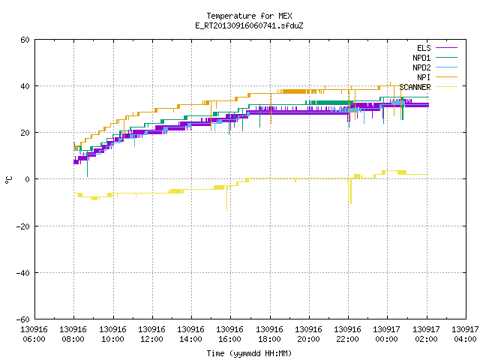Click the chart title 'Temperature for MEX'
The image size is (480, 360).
click(x=249, y=16)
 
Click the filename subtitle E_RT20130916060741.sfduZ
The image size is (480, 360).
click(x=249, y=25)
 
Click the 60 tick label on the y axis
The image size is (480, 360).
click(x=25, y=40)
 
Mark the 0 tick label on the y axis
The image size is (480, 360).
click(x=27, y=179)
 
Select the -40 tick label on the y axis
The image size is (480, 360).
click(x=23, y=273)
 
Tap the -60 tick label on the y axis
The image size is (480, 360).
click(x=23, y=319)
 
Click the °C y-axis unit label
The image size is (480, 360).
click(x=8, y=180)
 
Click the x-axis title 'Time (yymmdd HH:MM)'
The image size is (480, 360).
click(x=249, y=353)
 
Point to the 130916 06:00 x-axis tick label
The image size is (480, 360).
click(x=34, y=334)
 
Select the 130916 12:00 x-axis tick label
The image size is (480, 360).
click(x=151, y=334)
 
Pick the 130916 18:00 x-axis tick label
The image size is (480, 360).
click(x=269, y=334)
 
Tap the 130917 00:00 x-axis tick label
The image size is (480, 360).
click(x=387, y=334)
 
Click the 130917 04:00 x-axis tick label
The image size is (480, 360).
click(x=465, y=334)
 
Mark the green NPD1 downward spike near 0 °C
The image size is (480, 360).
click(x=87, y=163)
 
